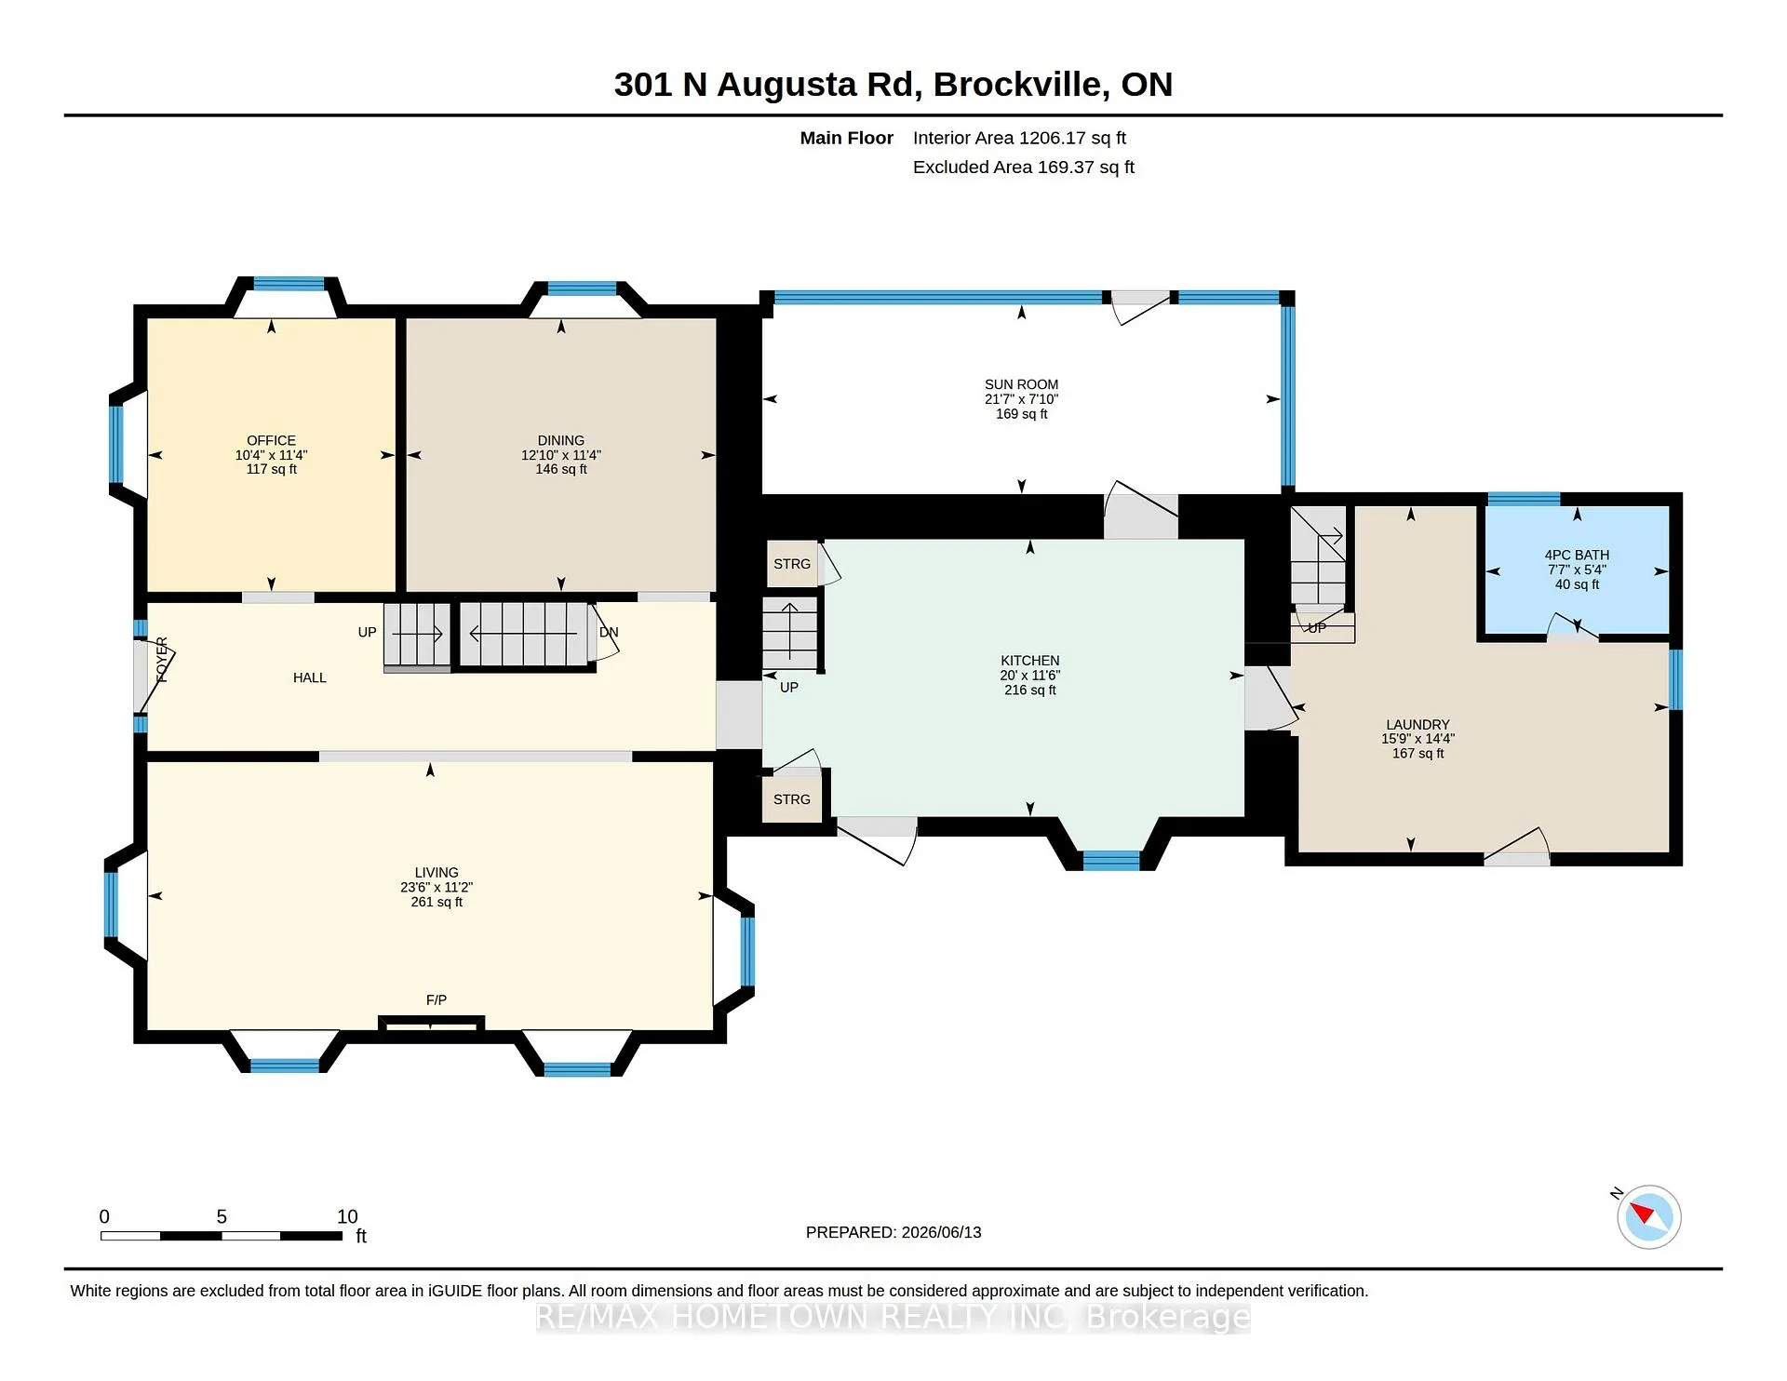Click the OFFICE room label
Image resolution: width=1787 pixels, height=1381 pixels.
click(271, 440)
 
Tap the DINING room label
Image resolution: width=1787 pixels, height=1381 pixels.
click(561, 440)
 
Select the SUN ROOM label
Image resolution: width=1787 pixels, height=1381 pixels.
click(1021, 384)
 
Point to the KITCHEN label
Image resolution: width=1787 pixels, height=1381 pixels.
click(1030, 661)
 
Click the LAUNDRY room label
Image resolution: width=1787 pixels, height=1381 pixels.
click(1418, 724)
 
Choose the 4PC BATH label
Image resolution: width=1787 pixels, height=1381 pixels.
click(1577, 555)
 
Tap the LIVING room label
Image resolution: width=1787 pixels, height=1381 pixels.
click(437, 872)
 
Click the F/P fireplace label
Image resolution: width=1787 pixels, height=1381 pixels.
click(437, 999)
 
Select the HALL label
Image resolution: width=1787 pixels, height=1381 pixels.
click(310, 677)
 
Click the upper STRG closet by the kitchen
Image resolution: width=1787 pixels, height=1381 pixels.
click(792, 564)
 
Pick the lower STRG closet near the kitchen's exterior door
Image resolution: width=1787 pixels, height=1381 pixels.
click(792, 799)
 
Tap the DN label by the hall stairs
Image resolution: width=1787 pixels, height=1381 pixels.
click(609, 632)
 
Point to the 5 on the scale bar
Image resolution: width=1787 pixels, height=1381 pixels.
click(222, 1216)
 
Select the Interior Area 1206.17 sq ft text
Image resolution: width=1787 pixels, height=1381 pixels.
click(1019, 138)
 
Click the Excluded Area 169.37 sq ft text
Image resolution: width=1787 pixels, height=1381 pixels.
click(1024, 167)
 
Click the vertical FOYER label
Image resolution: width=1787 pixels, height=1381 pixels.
click(162, 659)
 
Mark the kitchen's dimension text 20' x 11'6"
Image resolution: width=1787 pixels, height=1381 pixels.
click(1030, 676)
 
